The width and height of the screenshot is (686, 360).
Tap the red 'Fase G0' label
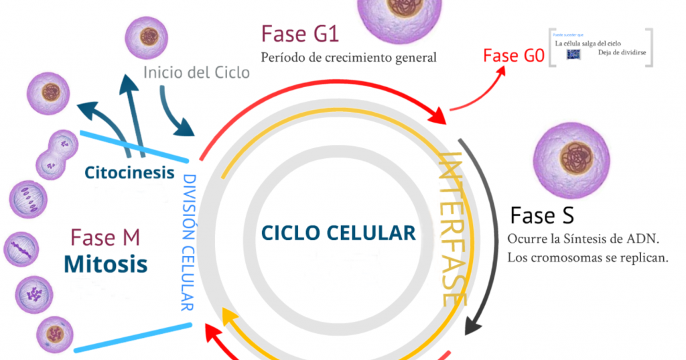click(x=514, y=56)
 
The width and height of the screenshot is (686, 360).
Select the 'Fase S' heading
click(x=541, y=216)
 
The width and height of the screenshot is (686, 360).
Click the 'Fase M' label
click(x=105, y=237)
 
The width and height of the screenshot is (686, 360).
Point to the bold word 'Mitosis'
click(x=105, y=263)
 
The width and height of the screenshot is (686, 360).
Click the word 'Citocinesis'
click(x=129, y=173)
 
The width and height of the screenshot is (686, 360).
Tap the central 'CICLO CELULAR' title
click(x=338, y=233)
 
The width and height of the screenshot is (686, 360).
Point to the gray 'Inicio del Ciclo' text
click(x=196, y=72)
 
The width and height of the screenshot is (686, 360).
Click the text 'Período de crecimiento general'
click(x=348, y=58)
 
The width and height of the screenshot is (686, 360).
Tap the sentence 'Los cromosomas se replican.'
click(x=588, y=257)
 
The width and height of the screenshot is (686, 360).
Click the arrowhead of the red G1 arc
click(x=438, y=115)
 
